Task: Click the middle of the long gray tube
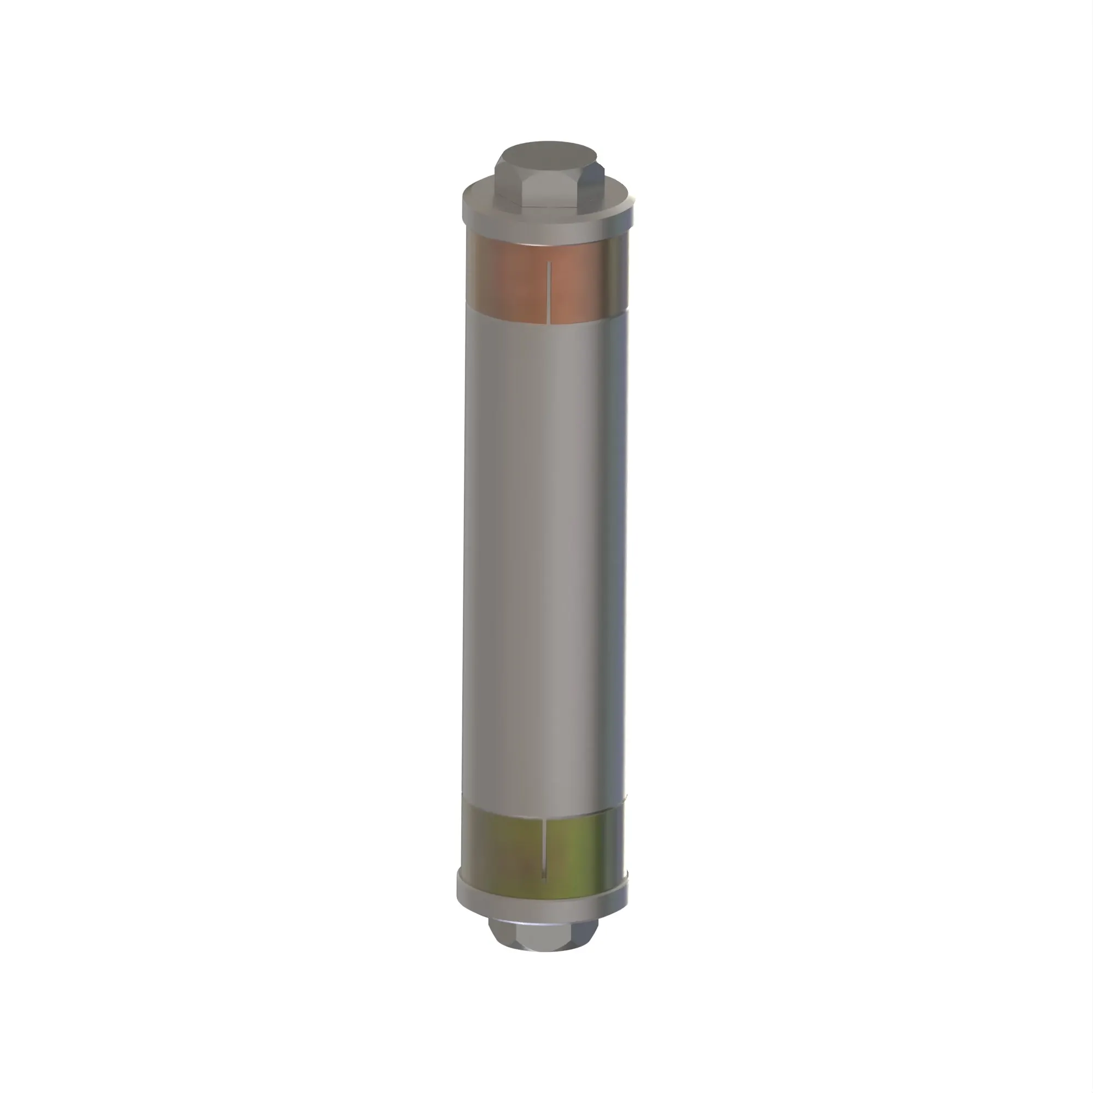(546, 566)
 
